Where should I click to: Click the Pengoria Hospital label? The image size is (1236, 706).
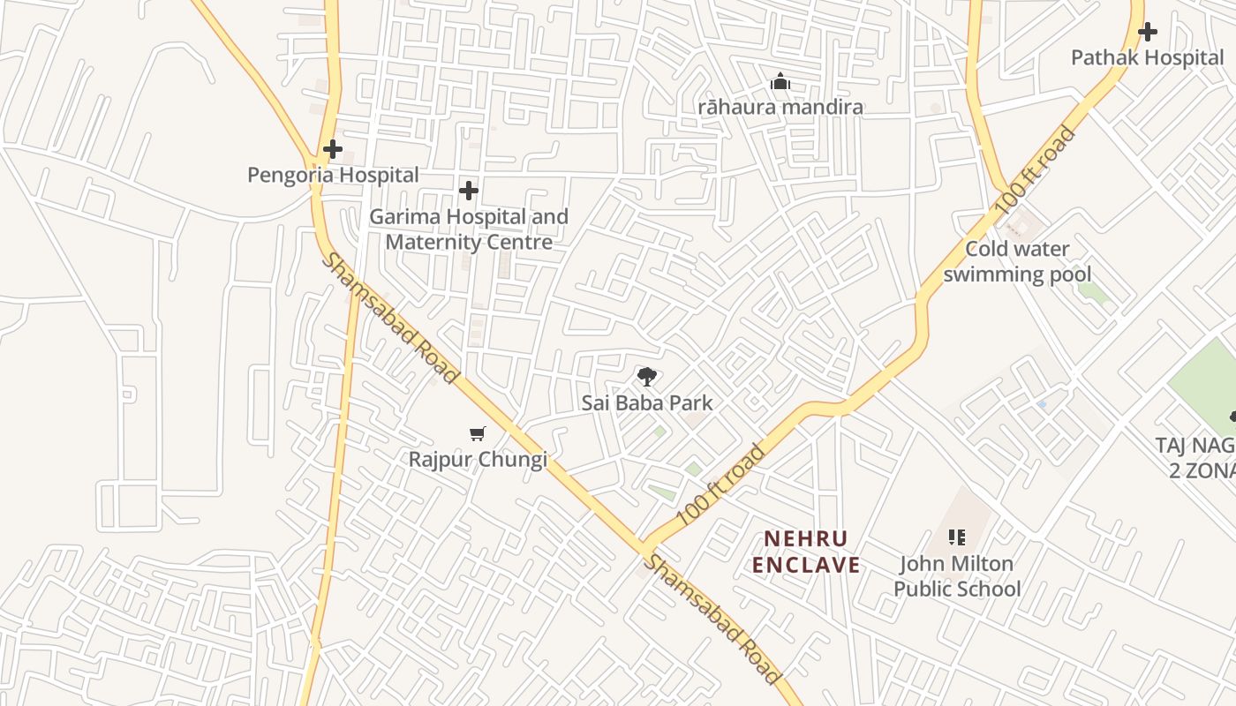[x=333, y=175]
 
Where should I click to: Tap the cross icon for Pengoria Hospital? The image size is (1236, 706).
[x=332, y=149]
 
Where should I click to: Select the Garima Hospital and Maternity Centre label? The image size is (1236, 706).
[x=469, y=229]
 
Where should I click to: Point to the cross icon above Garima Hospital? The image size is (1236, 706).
[x=469, y=191]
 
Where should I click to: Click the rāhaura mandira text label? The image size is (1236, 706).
[x=780, y=108]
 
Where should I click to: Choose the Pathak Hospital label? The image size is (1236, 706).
[x=1147, y=58]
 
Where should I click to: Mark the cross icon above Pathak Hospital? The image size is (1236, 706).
[x=1147, y=33]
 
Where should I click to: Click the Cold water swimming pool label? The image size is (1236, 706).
[x=1017, y=261]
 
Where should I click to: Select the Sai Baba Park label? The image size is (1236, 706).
[x=646, y=403]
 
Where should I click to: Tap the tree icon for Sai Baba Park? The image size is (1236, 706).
[x=646, y=377]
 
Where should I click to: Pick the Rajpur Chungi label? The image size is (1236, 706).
[x=478, y=460]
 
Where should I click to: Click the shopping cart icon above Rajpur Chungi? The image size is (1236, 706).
[x=478, y=433]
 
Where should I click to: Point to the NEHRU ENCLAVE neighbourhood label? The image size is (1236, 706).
[x=805, y=552]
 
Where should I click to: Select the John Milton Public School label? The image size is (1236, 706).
[x=957, y=576]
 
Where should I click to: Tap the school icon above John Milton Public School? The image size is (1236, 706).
[x=957, y=537]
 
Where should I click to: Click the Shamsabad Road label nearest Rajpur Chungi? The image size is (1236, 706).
[x=389, y=318]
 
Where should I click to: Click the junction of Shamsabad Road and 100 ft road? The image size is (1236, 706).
[x=642, y=546]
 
